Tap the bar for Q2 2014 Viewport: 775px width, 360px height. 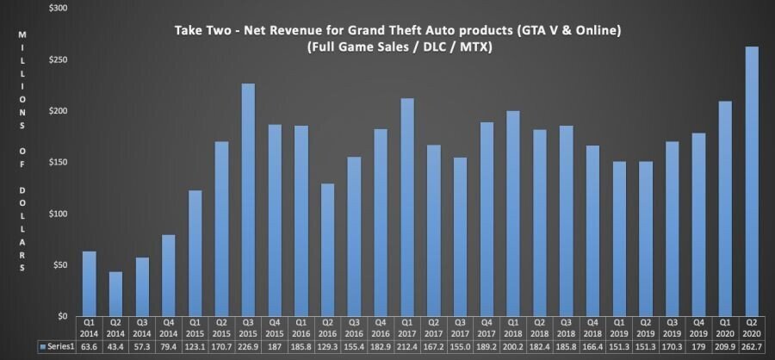pos(115,294)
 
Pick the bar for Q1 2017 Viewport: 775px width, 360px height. pos(407,207)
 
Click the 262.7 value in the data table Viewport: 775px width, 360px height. pos(752,346)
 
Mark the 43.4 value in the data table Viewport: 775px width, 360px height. pos(115,346)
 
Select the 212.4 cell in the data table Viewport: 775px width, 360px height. pos(407,346)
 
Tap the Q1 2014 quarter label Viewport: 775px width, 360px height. pos(89,328)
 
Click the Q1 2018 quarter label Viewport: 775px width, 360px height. pos(513,328)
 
